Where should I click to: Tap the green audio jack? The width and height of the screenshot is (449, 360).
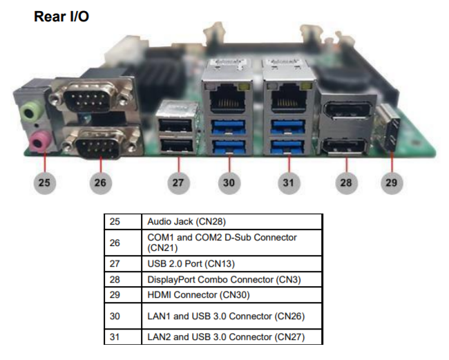(30, 111)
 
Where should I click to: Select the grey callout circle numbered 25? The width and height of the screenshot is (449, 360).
(45, 183)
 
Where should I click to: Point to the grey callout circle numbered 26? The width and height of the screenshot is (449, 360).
(101, 183)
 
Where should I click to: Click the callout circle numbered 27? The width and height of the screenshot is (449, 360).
(179, 183)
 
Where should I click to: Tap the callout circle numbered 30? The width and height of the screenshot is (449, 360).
(229, 183)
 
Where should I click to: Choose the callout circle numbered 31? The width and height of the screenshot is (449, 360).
(288, 183)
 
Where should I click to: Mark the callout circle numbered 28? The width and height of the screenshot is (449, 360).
(346, 183)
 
